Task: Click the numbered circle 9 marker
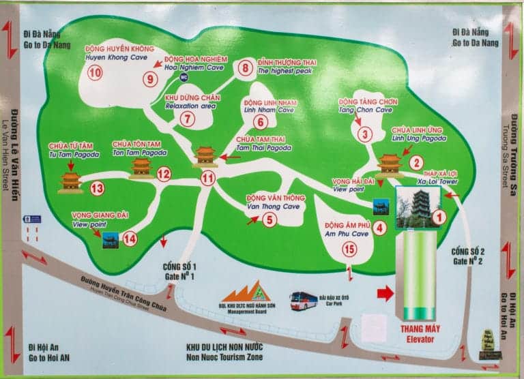pyautogui.click(x=151, y=78)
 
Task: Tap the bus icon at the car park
pyautogui.click(x=302, y=301)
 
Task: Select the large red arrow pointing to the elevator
pyautogui.click(x=385, y=294)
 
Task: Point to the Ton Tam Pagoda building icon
pyautogui.click(x=141, y=166)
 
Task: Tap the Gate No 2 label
pyautogui.click(x=467, y=256)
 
